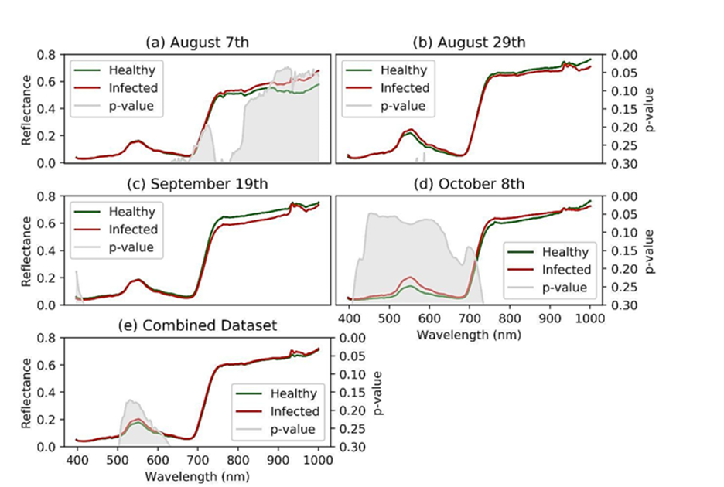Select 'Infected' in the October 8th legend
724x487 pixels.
565,270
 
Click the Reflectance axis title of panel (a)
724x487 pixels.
26,108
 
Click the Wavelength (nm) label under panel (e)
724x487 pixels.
196,476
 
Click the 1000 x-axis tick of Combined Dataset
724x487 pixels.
318,461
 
